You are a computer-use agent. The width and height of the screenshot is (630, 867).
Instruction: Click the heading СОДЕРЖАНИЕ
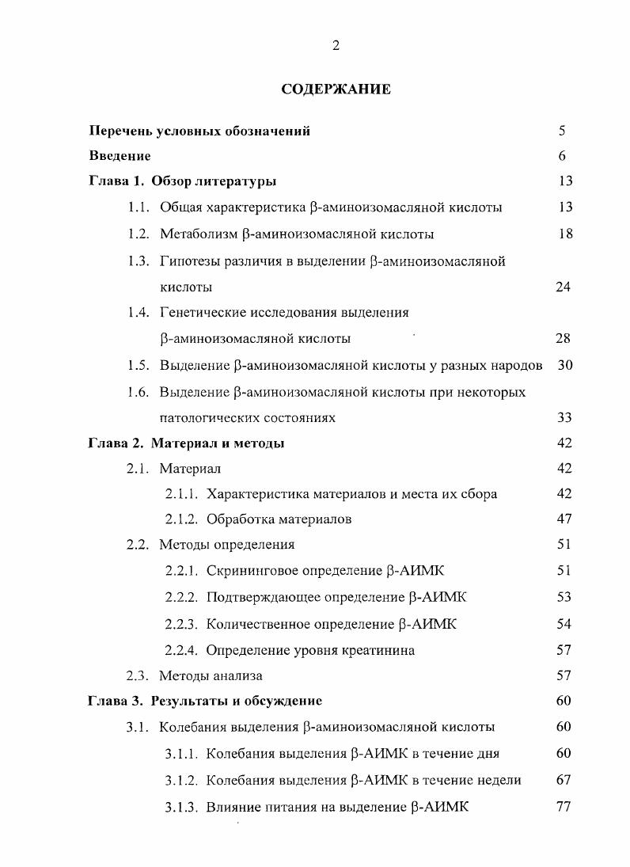coord(336,89)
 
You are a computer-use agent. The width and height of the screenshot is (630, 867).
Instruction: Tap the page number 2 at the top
coord(336,46)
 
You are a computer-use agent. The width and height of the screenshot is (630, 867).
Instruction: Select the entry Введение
coord(120,156)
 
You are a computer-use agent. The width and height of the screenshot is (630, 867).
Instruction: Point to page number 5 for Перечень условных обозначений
coord(562,131)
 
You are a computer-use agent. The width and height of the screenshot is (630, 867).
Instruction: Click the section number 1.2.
coord(139,234)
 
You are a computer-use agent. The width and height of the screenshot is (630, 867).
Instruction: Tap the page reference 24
coord(563,287)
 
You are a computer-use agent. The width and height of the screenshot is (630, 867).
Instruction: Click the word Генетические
coord(206,312)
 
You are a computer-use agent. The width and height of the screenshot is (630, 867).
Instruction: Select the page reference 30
coord(563,366)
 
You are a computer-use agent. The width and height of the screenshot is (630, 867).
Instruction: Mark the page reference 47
coord(563,519)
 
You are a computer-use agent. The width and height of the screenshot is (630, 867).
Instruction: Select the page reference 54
coord(563,624)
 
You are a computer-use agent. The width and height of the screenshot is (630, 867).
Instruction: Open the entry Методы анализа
coord(211,676)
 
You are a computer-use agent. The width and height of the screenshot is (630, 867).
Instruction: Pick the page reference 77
coord(563,806)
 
